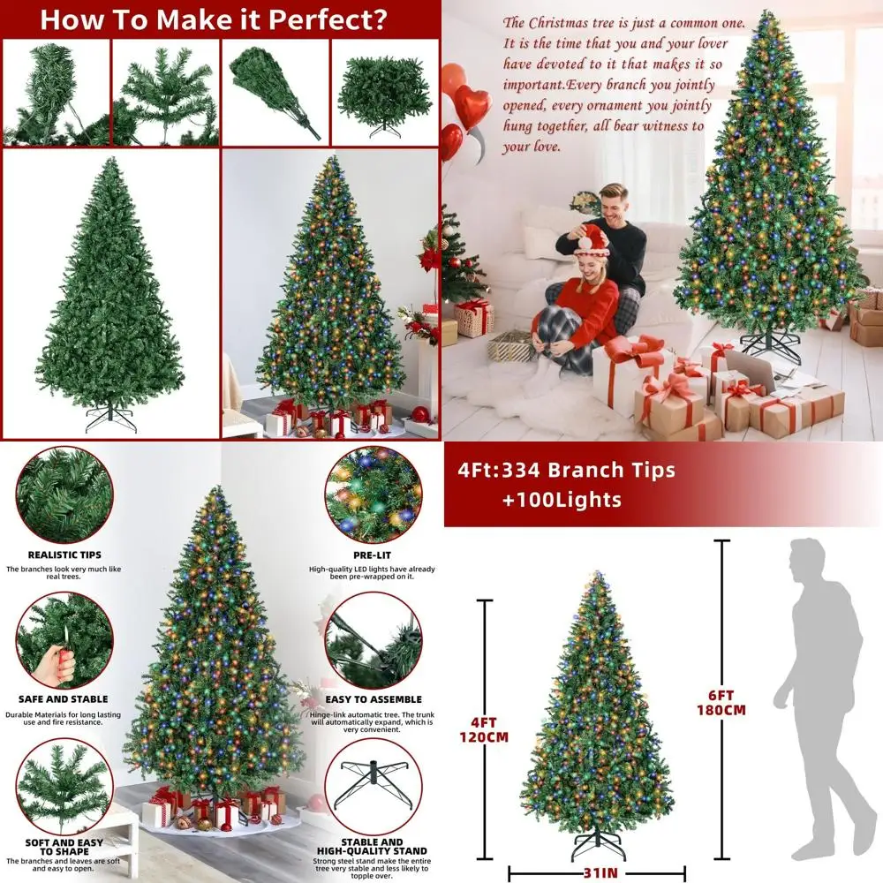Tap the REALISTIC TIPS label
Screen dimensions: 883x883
click(x=64, y=555)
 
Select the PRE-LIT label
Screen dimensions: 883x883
click(x=372, y=555)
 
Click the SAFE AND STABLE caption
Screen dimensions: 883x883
click(x=64, y=699)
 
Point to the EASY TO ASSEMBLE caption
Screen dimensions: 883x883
click(x=372, y=699)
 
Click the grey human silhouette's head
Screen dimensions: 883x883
click(x=807, y=557)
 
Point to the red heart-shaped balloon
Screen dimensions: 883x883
click(x=472, y=106)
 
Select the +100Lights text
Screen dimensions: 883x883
click(x=562, y=500)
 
